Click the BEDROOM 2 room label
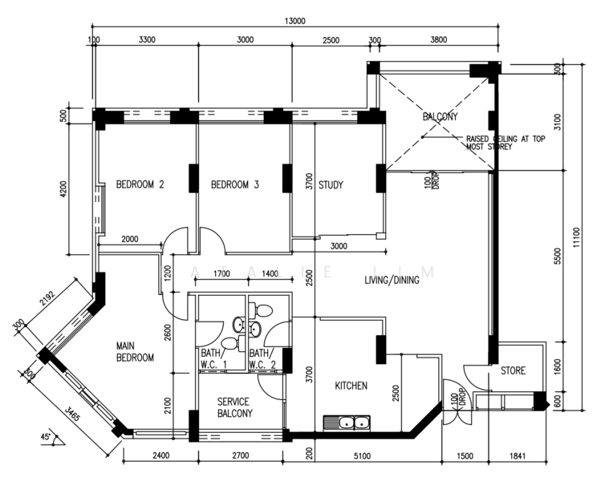tap(140, 184)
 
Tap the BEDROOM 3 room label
tap(234, 184)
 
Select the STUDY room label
tap(331, 184)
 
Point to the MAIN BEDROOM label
tap(135, 352)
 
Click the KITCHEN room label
tap(351, 386)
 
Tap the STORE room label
tap(513, 370)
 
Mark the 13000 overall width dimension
tap(293, 22)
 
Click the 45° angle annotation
tap(50, 438)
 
